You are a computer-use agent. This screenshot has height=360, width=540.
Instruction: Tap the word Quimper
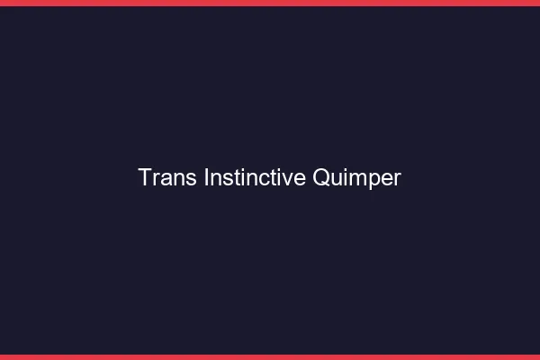click(x=356, y=178)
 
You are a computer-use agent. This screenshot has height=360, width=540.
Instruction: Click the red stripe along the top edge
click(x=270, y=3)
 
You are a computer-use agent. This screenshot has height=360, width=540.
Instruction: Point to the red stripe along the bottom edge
click(x=270, y=356)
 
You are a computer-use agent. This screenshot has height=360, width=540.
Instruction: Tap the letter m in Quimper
click(x=356, y=179)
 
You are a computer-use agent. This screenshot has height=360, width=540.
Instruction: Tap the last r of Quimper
click(x=397, y=179)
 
